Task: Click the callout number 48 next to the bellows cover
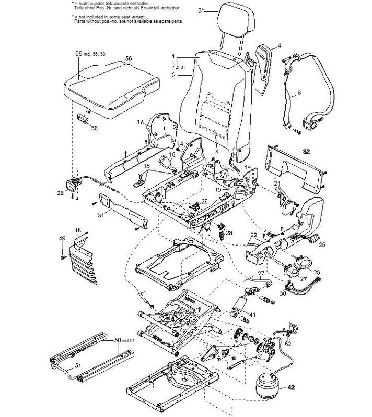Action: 77,230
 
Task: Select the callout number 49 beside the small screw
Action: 62,238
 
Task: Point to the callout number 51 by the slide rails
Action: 77,365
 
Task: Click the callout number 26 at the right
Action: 321,244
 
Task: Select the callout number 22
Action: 252,235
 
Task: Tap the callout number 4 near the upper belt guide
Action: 279,46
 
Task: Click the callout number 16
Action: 171,155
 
